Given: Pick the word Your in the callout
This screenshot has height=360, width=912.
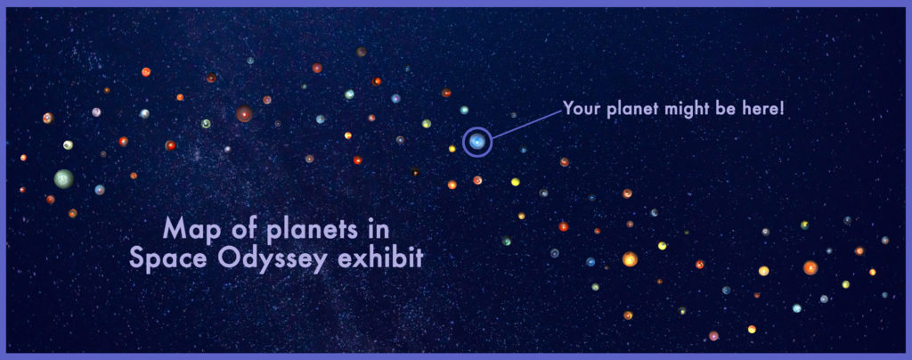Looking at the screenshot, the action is click(582, 109).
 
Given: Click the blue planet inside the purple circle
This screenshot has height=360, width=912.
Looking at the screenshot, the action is click(477, 142).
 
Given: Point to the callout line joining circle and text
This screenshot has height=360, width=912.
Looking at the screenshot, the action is click(527, 125).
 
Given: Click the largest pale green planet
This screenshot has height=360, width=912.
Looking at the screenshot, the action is click(64, 178).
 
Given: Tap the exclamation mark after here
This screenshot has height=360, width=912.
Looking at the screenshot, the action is click(782, 109).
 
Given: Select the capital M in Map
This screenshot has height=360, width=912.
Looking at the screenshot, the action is click(174, 228).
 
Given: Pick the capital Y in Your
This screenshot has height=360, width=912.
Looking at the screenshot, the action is click(568, 109).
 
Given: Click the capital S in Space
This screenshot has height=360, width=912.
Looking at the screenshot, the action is click(136, 257).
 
